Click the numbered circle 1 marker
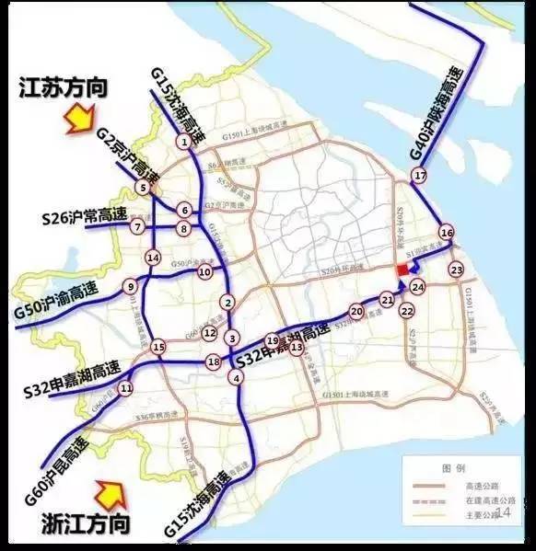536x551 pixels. tap(186, 142)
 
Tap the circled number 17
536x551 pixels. tap(421, 176)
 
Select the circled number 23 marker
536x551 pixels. tap(456, 270)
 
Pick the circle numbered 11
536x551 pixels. tap(126, 388)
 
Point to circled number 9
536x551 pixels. tap(132, 286)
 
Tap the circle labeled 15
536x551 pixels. tap(158, 347)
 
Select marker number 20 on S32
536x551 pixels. tap(356, 312)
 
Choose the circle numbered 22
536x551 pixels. tap(407, 312)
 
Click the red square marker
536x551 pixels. tap(403, 269)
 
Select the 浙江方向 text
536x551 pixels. tap(85, 525)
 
